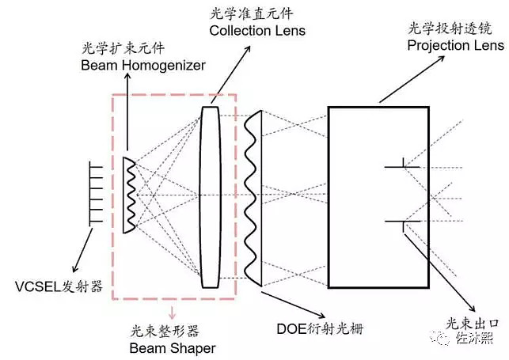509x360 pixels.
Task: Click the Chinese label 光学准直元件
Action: click(x=246, y=13)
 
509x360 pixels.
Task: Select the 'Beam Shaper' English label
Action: click(x=170, y=347)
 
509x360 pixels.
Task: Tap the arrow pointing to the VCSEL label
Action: click(x=82, y=244)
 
